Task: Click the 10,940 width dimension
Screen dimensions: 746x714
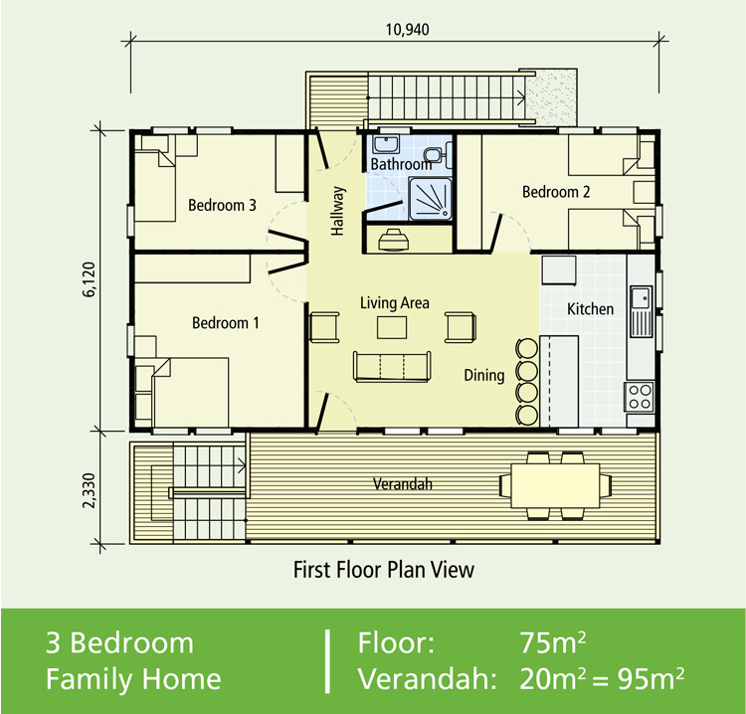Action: coord(407,30)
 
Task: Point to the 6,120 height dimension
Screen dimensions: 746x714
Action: coord(89,279)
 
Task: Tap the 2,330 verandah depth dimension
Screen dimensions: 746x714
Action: coord(89,490)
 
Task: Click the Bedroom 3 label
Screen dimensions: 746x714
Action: coord(222,205)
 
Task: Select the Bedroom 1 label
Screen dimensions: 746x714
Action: coord(226,323)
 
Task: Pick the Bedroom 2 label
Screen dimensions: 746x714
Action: coord(556,192)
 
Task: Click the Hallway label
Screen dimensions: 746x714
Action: coord(337,211)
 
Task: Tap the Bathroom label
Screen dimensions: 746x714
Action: coord(401,164)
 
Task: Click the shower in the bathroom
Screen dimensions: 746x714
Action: coord(430,199)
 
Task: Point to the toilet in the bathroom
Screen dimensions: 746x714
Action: coord(434,153)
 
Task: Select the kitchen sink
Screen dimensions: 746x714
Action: coord(641,297)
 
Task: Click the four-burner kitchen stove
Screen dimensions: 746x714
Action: coord(640,397)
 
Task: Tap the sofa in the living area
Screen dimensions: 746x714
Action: coord(392,367)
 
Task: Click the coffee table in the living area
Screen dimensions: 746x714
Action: coord(392,328)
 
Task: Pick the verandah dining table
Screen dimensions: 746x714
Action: coord(555,485)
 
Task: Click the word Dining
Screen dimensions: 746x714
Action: coord(484,375)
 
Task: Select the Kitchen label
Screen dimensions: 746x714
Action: coord(590,309)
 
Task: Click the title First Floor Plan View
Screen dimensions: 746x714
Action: coord(384,570)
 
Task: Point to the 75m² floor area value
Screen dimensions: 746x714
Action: coord(552,642)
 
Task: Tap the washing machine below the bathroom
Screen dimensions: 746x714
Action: coord(393,240)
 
